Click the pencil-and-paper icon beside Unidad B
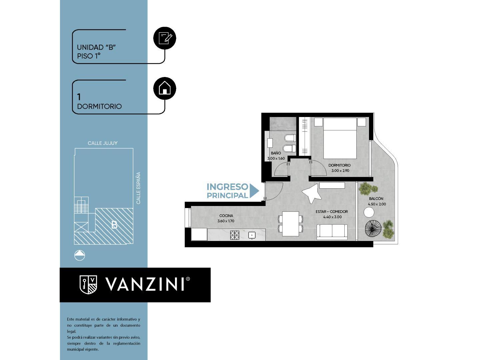click(165, 38)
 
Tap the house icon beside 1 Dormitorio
click(165, 88)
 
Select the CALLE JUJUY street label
click(102, 143)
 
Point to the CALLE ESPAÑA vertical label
click(138, 188)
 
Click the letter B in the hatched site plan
click(114, 225)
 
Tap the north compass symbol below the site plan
click(80, 255)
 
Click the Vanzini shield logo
click(88, 284)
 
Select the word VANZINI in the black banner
click(145, 284)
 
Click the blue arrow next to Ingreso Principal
click(254, 191)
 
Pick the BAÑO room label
click(276, 153)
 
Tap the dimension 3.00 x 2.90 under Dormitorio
click(340, 171)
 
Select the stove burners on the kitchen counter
click(235, 235)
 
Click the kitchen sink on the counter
click(252, 235)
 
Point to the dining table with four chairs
click(291, 224)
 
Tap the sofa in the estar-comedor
click(332, 232)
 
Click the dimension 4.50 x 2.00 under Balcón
click(377, 204)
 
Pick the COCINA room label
click(226, 216)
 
